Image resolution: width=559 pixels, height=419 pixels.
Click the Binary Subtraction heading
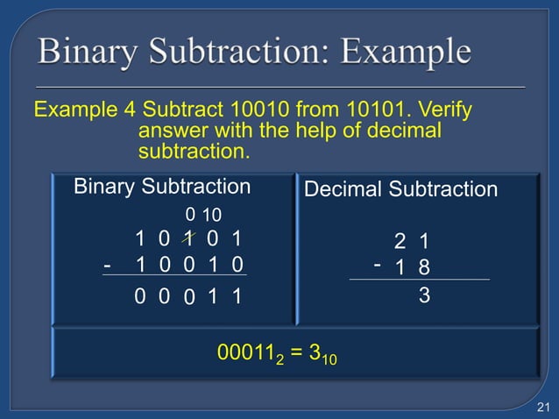[x=162, y=187]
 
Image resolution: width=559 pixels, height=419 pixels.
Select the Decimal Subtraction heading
[x=400, y=189]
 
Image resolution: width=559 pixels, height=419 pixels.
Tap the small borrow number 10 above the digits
[x=212, y=215]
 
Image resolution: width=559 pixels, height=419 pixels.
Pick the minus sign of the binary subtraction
[x=107, y=264]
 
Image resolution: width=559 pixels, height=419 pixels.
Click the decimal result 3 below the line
[x=424, y=297]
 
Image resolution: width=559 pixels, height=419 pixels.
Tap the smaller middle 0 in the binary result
[x=188, y=300]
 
